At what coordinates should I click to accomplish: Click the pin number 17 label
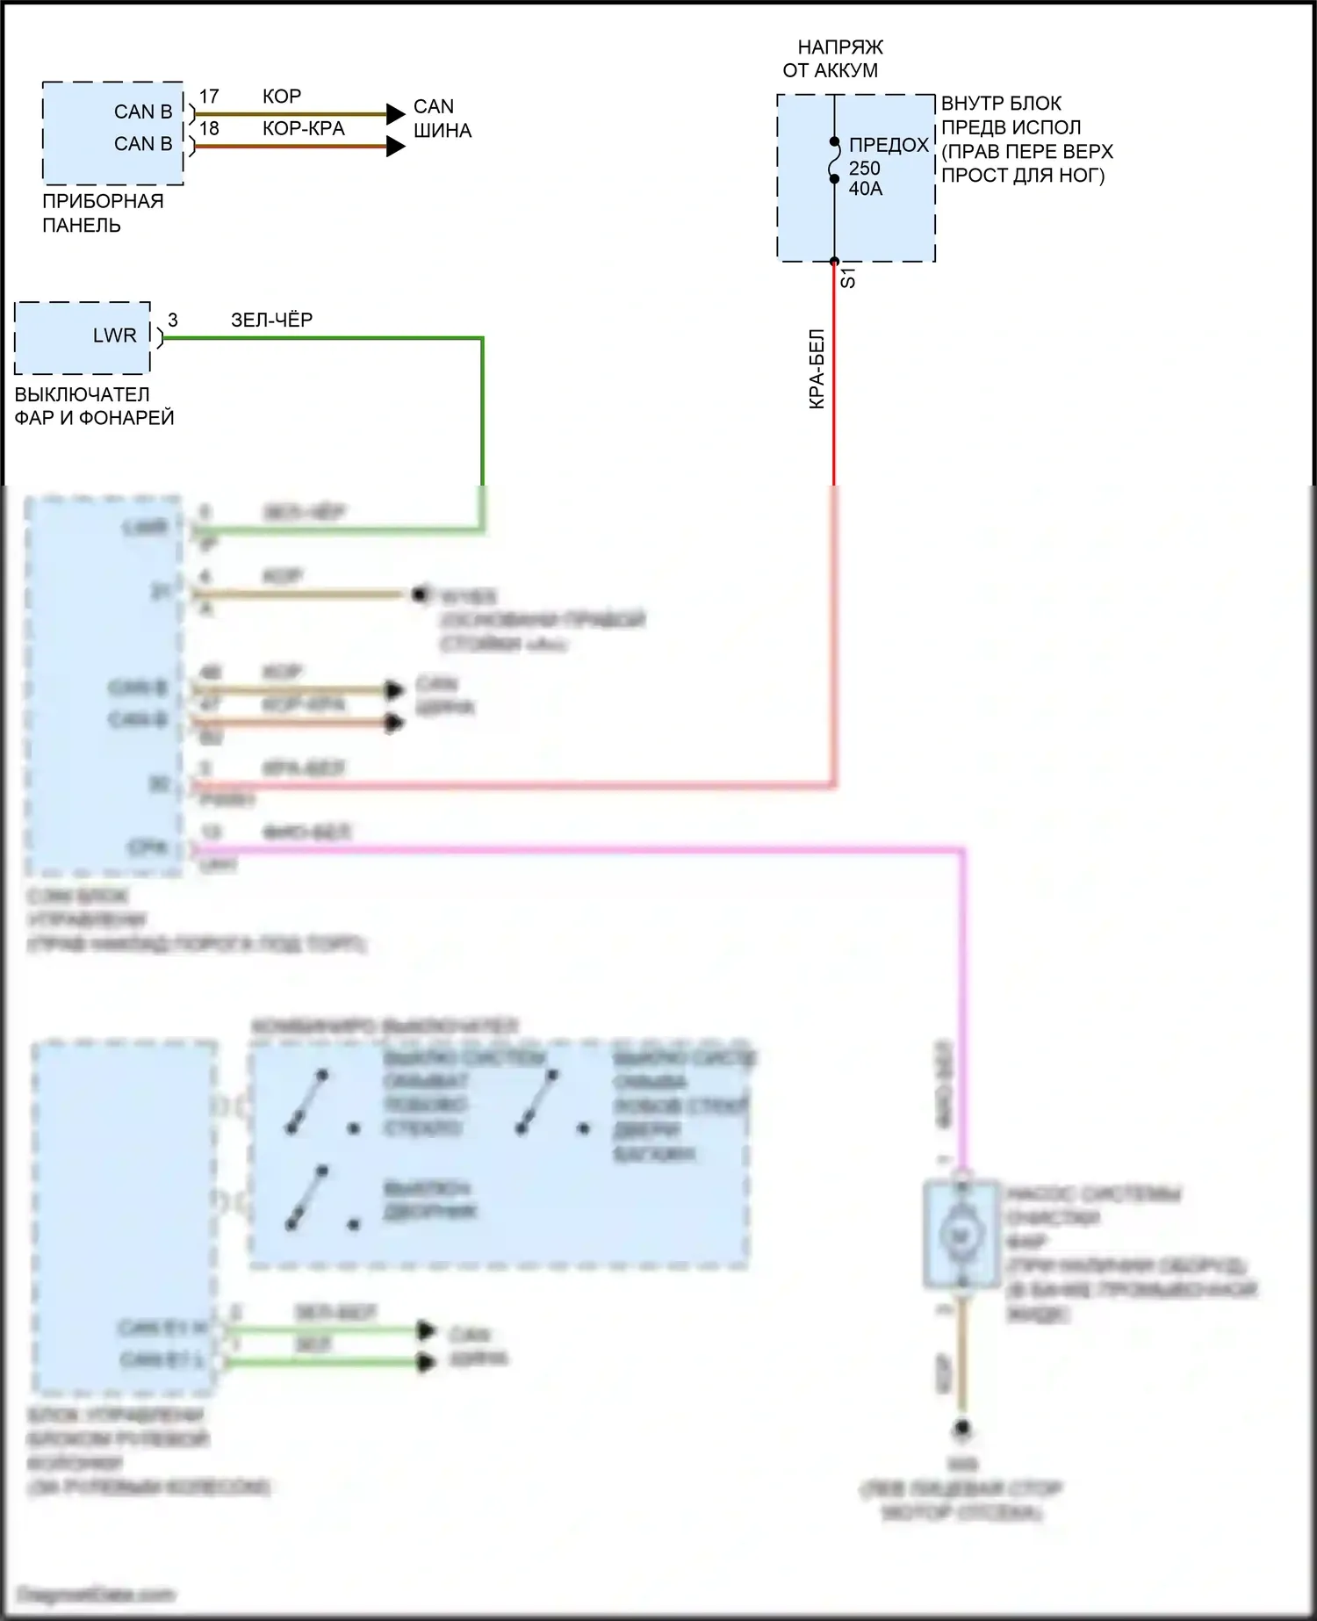[x=209, y=97]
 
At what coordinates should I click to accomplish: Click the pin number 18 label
[x=209, y=128]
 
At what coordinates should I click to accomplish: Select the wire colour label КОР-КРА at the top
[x=304, y=128]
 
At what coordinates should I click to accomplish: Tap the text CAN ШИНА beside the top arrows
[x=442, y=119]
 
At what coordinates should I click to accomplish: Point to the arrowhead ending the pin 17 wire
[x=395, y=113]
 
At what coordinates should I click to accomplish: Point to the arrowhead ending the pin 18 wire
[x=395, y=146]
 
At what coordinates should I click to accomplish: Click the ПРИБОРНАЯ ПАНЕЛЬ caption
[x=102, y=213]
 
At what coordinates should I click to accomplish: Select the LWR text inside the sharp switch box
[x=115, y=335]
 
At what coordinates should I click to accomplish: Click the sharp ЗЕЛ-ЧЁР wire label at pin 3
[x=271, y=320]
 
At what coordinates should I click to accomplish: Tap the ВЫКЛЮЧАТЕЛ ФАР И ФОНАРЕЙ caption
[x=94, y=406]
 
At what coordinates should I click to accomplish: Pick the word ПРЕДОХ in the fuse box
[x=889, y=145]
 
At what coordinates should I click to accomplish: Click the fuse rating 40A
[x=866, y=188]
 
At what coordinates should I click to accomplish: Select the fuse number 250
[x=865, y=168]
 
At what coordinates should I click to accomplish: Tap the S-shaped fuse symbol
[x=834, y=160]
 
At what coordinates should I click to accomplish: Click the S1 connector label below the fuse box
[x=848, y=279]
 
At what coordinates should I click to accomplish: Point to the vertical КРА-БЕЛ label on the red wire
[x=817, y=369]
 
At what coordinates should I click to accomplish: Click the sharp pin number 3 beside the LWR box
[x=173, y=321]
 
